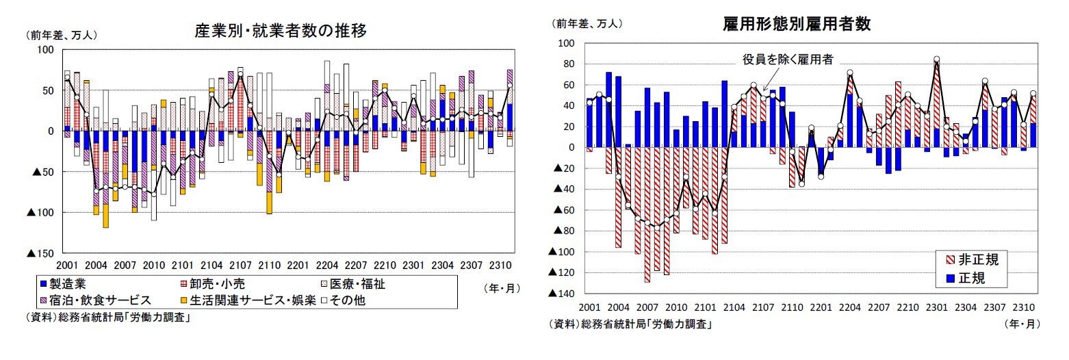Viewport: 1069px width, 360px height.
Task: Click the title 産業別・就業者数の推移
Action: tap(281, 31)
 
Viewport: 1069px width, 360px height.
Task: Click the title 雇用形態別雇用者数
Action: tap(797, 25)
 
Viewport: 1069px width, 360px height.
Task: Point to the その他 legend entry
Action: tap(352, 299)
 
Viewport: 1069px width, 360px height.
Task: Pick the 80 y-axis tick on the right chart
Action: tap(567, 64)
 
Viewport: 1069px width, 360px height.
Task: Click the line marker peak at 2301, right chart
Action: tap(936, 60)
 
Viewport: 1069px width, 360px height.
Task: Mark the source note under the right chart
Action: tap(630, 324)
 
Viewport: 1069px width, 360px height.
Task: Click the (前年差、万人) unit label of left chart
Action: tap(61, 34)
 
